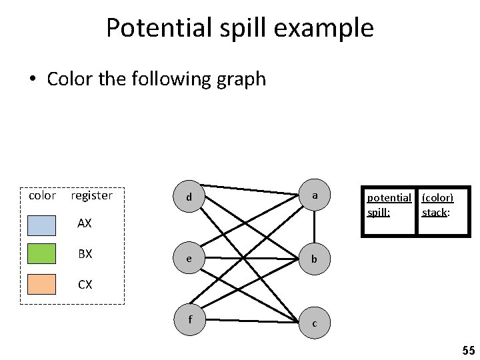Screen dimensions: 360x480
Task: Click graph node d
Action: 190,197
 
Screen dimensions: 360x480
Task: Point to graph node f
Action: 190,319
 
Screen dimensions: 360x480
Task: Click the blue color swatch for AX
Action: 42,225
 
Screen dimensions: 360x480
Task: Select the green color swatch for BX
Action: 42,254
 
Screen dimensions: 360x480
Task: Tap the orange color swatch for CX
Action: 42,284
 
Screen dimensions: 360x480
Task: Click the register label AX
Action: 85,223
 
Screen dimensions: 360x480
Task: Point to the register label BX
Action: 85,254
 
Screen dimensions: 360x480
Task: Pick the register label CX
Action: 85,285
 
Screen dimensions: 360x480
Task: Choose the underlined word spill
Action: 378,213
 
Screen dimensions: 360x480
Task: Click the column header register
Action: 91,195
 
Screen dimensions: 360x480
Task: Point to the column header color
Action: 43,195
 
